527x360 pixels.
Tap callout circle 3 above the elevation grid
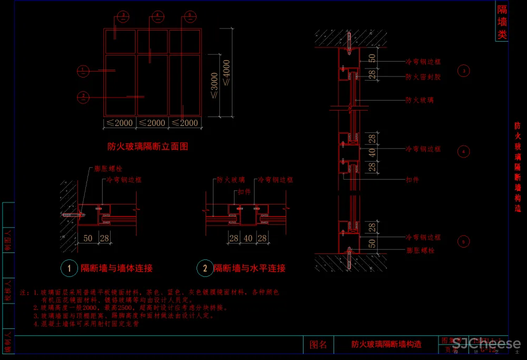coord(123,16)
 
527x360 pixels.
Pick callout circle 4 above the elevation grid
coord(157,16)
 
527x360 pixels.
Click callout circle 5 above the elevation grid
coord(189,16)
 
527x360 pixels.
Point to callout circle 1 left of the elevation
coord(83,70)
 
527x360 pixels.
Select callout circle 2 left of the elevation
coord(83,96)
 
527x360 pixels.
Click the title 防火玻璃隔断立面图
coord(148,146)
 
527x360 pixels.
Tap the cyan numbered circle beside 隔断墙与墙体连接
coord(69,268)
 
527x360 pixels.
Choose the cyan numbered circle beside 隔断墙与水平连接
coord(204,268)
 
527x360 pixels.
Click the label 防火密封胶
coord(423,77)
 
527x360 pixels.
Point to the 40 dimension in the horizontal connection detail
coord(248,239)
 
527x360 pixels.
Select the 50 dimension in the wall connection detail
coord(88,239)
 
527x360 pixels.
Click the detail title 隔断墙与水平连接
coord(249,268)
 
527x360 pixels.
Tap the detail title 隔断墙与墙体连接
coord(116,268)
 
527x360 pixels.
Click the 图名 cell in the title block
coord(318,345)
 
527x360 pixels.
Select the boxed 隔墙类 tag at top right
coord(502,22)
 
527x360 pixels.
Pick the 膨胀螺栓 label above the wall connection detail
coord(108,169)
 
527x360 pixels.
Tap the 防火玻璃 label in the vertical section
coord(419,100)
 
